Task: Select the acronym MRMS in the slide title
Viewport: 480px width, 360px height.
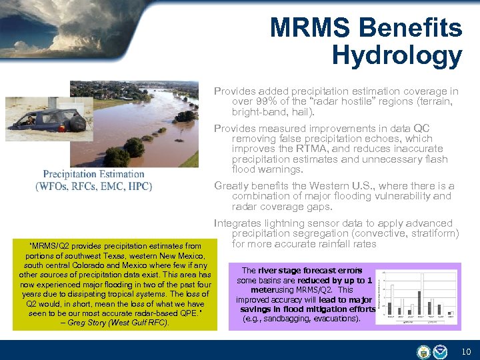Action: click(x=311, y=27)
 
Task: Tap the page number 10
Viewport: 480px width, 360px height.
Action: click(x=466, y=351)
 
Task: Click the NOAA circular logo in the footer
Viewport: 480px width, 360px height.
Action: click(x=441, y=351)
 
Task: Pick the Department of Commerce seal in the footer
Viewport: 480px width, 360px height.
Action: click(x=423, y=351)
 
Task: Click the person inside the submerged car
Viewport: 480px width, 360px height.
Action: click(x=31, y=120)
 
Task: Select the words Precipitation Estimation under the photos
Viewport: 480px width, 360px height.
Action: click(x=93, y=174)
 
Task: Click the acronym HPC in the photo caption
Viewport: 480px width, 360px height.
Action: click(x=139, y=186)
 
